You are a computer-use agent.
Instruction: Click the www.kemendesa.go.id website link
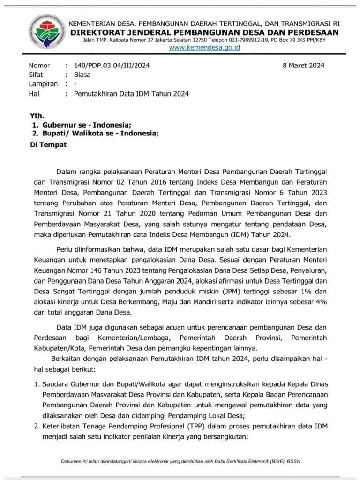[204, 48]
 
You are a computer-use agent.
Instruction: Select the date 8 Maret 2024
[303, 66]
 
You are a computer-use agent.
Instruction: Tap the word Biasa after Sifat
[82, 75]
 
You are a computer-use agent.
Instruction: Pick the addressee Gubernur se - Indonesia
[87, 125]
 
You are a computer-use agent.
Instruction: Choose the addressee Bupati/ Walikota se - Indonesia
[100, 134]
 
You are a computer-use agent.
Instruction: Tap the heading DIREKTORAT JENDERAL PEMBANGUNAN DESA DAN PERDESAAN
[204, 32]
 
